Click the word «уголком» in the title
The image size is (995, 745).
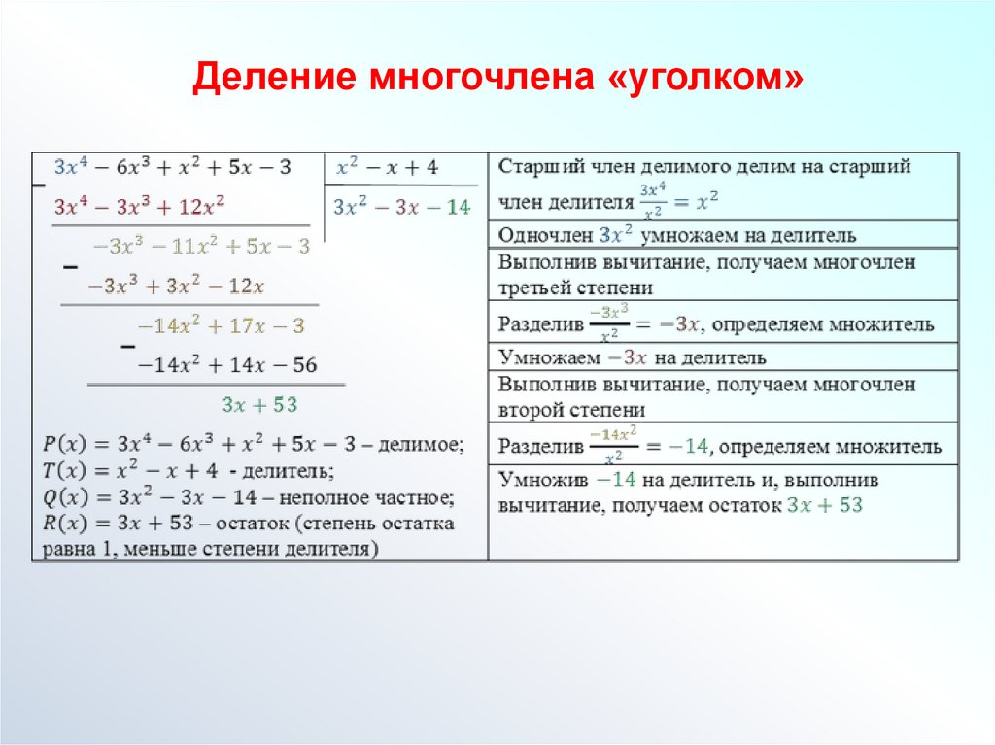tap(706, 79)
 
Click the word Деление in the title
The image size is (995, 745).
tap(273, 79)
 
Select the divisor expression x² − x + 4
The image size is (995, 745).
tap(387, 168)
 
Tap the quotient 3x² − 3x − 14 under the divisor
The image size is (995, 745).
tap(400, 208)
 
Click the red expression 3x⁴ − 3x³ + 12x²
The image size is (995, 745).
tap(140, 207)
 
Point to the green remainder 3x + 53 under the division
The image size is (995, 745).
tap(259, 405)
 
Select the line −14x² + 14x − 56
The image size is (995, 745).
tap(227, 365)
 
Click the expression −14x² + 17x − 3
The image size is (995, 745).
tap(222, 326)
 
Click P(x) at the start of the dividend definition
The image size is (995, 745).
tap(64, 446)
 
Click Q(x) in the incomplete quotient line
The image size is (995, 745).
tap(64, 498)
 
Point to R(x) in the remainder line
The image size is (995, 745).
tap(64, 525)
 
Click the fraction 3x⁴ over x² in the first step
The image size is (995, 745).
tap(653, 201)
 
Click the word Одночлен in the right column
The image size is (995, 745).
tap(545, 235)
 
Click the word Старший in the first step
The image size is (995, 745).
tap(534, 167)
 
